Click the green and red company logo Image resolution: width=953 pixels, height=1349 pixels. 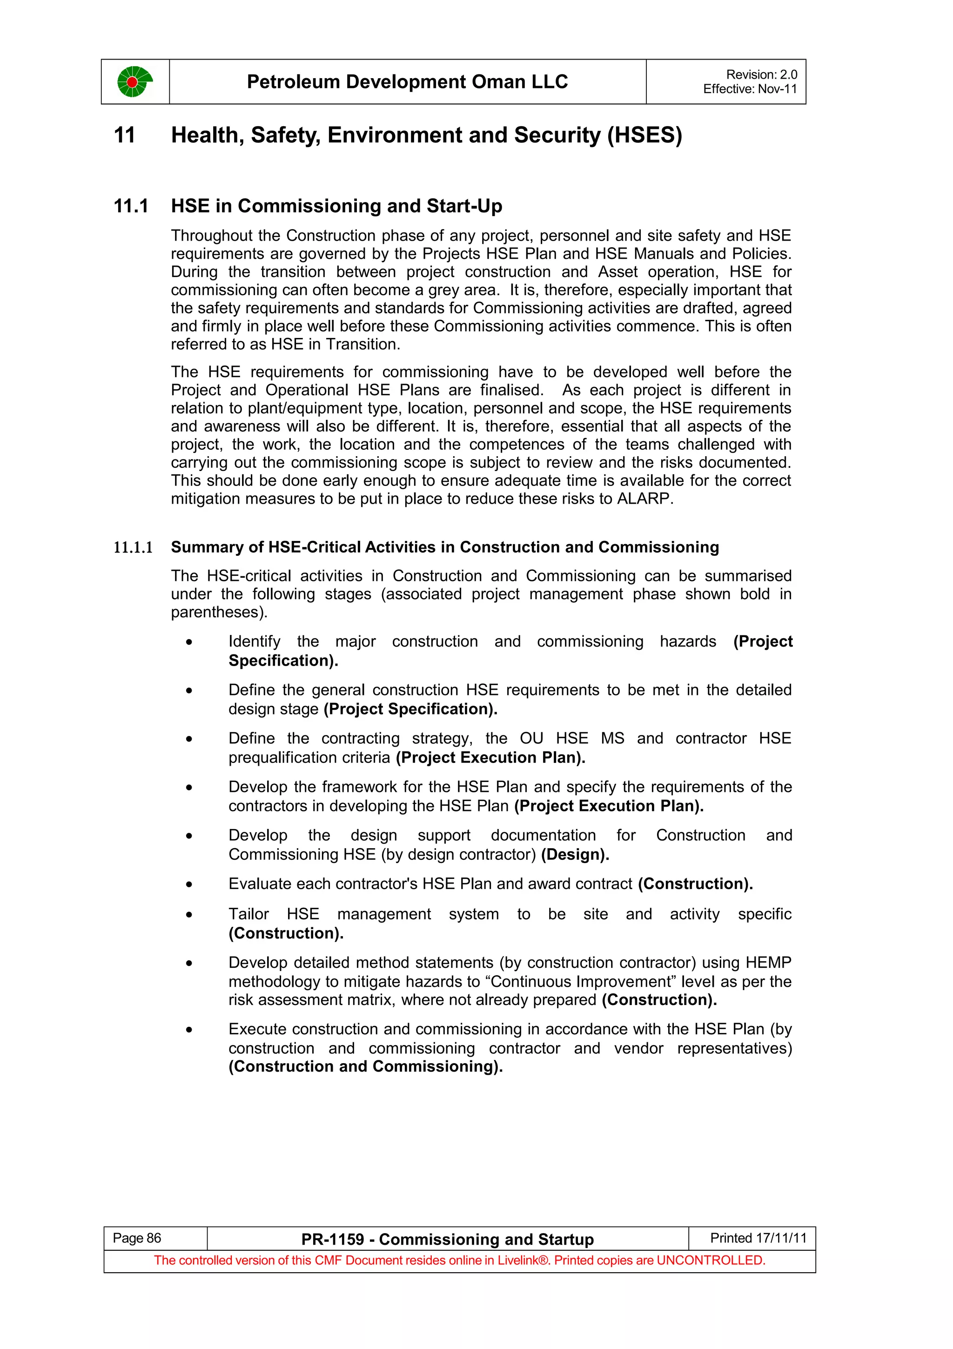coord(134,81)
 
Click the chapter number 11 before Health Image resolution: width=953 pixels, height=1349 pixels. coord(125,135)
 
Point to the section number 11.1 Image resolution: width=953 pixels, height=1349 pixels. coord(131,206)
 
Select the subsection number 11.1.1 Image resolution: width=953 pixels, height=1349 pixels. coord(133,547)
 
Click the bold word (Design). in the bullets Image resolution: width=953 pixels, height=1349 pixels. coord(575,854)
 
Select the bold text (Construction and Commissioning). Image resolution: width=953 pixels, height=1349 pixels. coord(365,1066)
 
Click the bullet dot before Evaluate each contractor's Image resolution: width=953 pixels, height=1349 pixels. coord(189,884)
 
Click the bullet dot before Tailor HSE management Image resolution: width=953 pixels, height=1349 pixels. coord(189,915)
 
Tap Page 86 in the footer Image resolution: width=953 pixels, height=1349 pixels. coord(137,1238)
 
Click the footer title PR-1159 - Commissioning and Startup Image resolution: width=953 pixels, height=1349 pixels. coord(448,1239)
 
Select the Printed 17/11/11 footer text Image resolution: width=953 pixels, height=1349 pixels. coord(758,1238)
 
